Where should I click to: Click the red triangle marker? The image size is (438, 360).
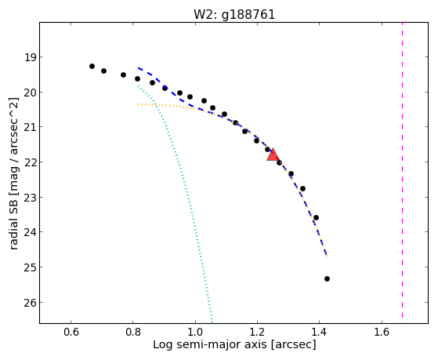(x=273, y=155)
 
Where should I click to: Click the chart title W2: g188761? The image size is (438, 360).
(x=234, y=14)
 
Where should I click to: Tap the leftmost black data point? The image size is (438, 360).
(x=92, y=67)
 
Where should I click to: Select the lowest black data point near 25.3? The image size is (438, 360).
(x=327, y=279)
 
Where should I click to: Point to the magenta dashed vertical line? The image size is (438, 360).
(x=402, y=170)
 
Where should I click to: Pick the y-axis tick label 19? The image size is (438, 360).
(x=31, y=57)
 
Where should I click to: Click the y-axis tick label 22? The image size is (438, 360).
(x=31, y=162)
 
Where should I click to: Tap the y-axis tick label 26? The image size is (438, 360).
(x=31, y=303)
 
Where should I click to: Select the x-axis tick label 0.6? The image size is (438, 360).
(x=71, y=332)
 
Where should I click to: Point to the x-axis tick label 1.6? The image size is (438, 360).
(x=382, y=332)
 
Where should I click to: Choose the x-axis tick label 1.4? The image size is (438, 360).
(x=319, y=332)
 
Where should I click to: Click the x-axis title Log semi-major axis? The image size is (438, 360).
(x=209, y=345)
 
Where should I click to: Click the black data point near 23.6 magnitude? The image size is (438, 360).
(x=316, y=217)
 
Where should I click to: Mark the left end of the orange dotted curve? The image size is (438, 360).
(x=138, y=104)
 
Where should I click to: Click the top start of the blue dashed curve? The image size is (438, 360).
(x=138, y=67)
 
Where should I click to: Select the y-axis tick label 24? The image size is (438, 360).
(x=31, y=232)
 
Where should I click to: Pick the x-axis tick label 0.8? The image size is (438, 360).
(x=132, y=332)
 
